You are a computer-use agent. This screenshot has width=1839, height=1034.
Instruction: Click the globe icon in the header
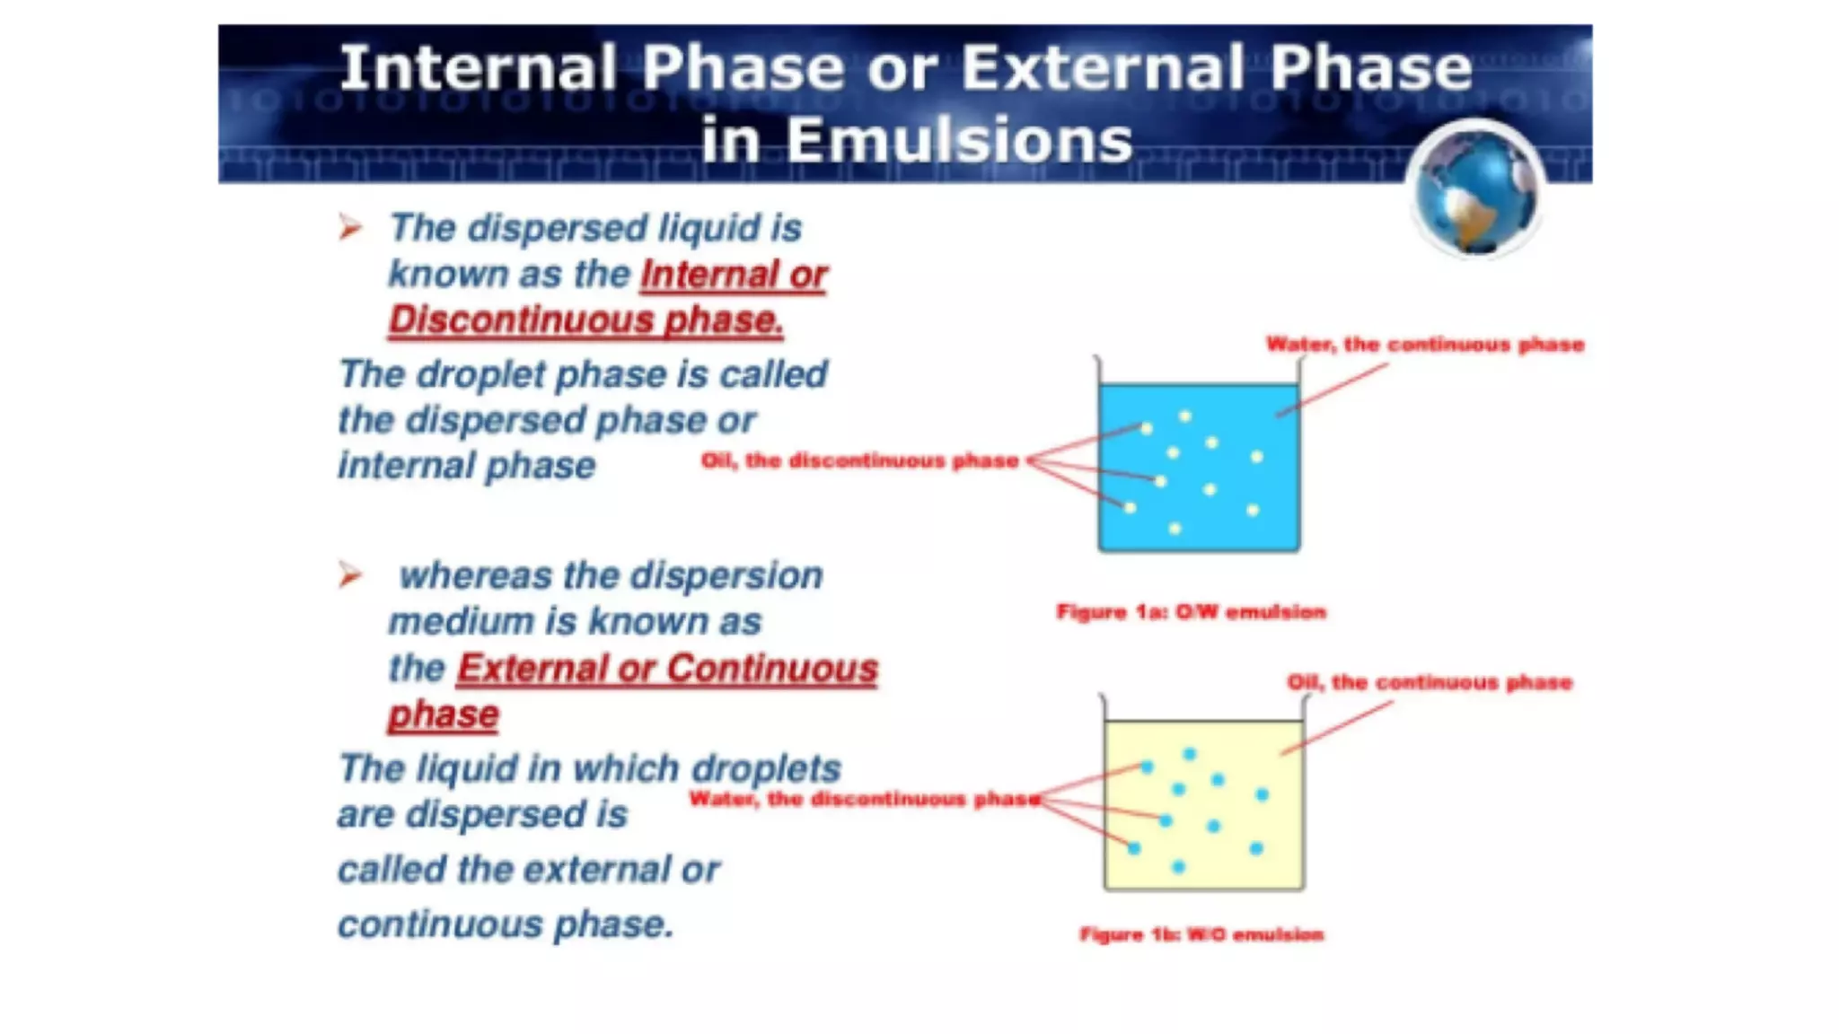1475,190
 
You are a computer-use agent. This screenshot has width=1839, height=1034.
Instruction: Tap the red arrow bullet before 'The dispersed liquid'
350,227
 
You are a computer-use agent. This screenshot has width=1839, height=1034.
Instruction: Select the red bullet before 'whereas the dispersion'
350,574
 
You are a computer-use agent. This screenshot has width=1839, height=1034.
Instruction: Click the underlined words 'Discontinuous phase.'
585,320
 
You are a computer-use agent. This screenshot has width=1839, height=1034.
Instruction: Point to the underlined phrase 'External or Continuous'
666,669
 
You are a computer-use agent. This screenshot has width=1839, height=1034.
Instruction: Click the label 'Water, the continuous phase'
1424,345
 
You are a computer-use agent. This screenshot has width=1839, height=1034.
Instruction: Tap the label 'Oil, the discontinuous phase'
859,461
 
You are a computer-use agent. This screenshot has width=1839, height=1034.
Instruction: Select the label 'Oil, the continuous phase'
1430,683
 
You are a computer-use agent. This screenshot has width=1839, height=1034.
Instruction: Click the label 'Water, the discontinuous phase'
864,799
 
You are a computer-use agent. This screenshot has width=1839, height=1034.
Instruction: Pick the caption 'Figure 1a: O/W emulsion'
1191,612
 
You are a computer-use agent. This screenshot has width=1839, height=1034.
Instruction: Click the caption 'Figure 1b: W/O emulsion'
1201,934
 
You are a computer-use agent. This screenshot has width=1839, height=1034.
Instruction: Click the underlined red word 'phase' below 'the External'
443,715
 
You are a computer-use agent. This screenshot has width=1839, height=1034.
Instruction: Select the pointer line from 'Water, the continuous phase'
1333,390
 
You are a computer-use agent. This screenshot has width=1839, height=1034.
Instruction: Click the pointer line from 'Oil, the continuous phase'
1338,728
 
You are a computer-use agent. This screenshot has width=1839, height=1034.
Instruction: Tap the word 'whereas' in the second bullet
475,576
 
